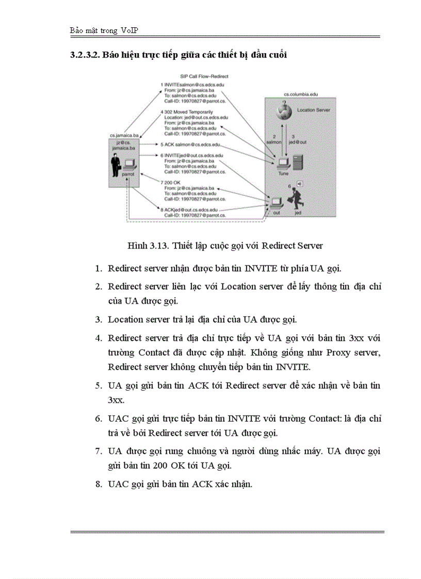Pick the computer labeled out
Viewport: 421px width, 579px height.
[x=277, y=202]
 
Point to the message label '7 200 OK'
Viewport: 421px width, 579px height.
[x=172, y=183]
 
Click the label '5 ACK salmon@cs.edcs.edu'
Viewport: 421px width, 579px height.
[x=190, y=144]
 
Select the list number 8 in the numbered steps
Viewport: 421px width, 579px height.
[x=98, y=484]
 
